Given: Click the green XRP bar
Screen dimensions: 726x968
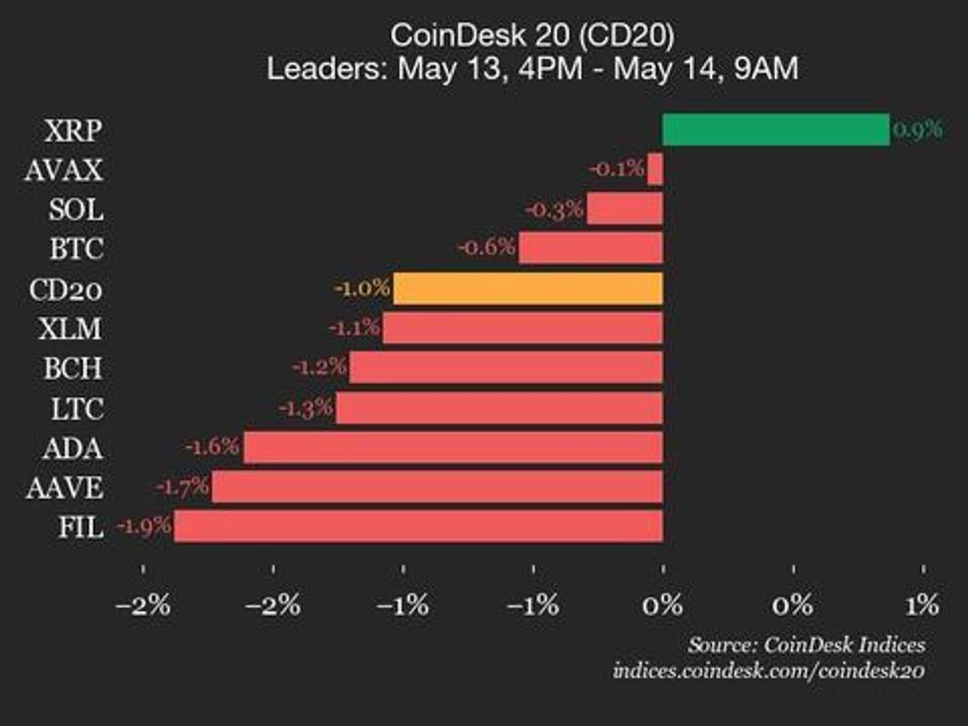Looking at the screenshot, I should click(776, 130).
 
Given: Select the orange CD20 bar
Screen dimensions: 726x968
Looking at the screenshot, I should click(528, 288).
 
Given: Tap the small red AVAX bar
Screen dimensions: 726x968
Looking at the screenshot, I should click(655, 169).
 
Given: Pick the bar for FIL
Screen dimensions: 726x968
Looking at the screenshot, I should click(418, 526).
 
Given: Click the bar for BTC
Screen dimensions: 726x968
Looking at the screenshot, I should click(590, 249).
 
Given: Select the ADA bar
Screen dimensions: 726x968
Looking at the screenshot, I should click(453, 448).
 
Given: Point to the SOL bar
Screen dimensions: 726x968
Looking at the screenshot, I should click(624, 209).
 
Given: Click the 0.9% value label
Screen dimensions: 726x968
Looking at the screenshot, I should click(918, 129).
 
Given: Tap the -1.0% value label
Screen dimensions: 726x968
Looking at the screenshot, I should click(362, 288).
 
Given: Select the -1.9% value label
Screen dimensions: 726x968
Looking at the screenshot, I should click(144, 526).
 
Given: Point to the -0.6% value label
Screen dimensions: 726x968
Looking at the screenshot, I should click(487, 247).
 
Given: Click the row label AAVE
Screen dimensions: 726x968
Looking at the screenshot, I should click(65, 488).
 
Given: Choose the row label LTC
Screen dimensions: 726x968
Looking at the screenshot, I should click(77, 409).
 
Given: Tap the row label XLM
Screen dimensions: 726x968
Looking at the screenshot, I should click(71, 329).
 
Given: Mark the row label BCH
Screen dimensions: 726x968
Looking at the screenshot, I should click(73, 368).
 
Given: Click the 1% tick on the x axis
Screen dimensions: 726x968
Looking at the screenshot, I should click(922, 606).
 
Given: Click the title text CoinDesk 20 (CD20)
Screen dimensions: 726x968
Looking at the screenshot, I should click(532, 35).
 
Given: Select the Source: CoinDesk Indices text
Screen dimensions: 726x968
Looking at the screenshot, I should click(806, 645).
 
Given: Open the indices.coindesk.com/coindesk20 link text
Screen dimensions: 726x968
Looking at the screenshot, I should click(768, 671).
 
